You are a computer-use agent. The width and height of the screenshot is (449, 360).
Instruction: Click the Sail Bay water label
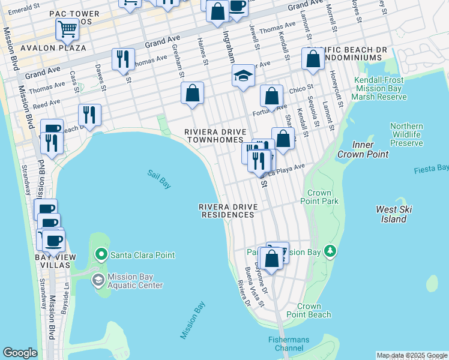tap(159, 179)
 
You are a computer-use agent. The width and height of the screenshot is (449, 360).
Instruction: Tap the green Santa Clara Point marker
tap(101, 255)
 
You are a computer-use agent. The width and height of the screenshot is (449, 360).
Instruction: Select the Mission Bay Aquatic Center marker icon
tap(97, 280)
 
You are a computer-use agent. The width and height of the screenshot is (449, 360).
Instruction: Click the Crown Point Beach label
tap(309, 310)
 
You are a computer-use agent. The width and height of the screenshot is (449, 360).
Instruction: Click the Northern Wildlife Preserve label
tap(406, 135)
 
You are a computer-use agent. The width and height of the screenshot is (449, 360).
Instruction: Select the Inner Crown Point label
tap(363, 149)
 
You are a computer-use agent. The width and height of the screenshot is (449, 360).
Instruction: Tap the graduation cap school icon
tap(244, 76)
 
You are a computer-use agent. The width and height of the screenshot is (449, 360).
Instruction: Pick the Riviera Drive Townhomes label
tap(214, 136)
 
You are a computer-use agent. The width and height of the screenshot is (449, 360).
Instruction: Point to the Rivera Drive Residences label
tap(229, 211)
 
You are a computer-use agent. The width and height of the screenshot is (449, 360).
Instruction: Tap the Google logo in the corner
tap(20, 353)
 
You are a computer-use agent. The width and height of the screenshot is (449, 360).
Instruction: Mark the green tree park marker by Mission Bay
tap(329, 251)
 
